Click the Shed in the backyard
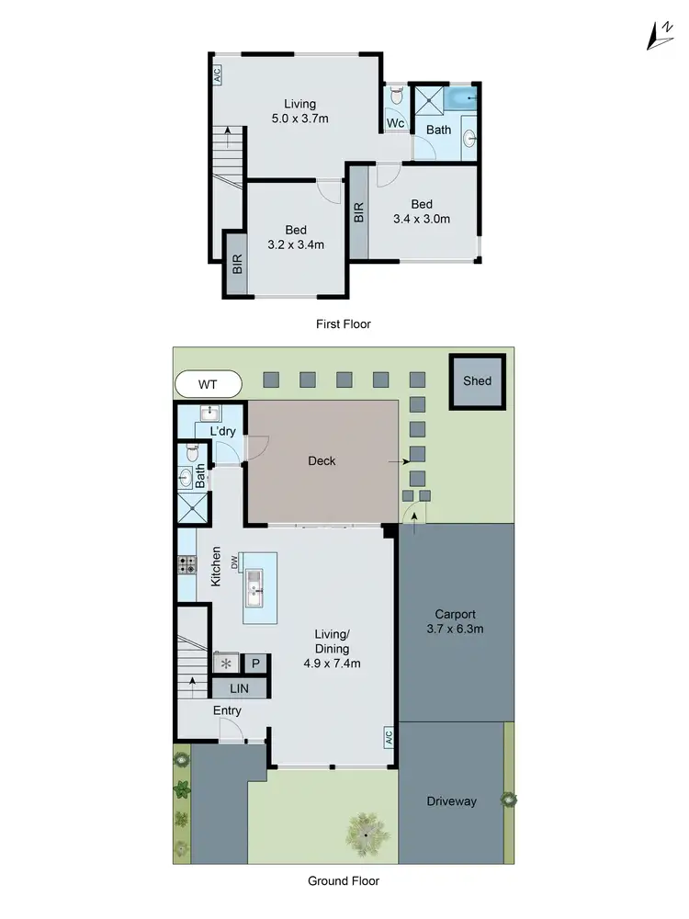[477, 381]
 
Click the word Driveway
[452, 801]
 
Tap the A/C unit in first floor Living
[218, 74]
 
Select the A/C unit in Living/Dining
[388, 736]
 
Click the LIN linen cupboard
[240, 688]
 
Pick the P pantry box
[254, 663]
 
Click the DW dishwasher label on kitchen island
[235, 562]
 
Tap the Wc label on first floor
[396, 123]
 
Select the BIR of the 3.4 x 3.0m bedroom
[358, 211]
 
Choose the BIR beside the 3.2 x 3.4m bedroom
[237, 266]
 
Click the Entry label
[227, 710]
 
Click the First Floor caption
[343, 323]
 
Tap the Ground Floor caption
[343, 880]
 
